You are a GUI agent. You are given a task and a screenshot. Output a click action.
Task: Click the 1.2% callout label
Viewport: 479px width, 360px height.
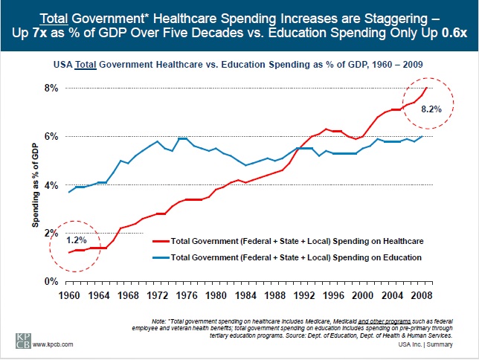[x=77, y=241]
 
